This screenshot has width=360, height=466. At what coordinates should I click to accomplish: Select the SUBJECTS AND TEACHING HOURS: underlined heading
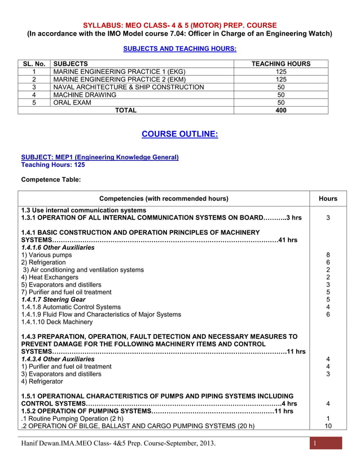(179, 49)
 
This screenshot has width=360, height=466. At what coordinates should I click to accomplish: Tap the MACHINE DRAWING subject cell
(85, 95)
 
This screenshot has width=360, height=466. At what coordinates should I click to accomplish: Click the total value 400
(280, 111)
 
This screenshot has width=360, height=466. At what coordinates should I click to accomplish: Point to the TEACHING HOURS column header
(280, 64)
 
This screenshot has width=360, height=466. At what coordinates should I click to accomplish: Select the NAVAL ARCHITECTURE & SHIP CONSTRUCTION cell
(128, 87)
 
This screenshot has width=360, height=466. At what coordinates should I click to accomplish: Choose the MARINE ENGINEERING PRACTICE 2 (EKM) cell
(118, 80)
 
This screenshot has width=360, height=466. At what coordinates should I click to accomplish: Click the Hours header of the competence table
(328, 199)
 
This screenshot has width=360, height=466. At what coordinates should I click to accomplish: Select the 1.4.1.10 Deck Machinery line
(56, 322)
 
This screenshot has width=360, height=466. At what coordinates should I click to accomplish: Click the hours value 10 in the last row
(328, 426)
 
